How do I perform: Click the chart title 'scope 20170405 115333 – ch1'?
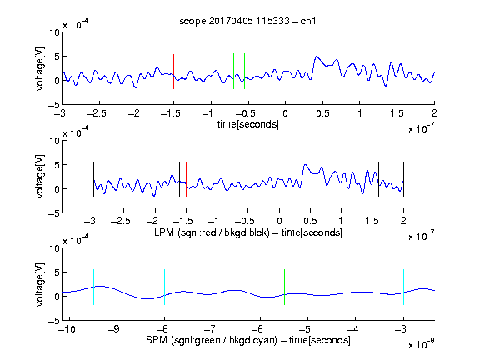click(x=247, y=21)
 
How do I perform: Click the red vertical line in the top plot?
click(x=173, y=72)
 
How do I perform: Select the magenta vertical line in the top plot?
click(x=397, y=72)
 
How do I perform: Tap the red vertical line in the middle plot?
click(x=186, y=179)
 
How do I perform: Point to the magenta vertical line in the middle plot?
click(x=372, y=179)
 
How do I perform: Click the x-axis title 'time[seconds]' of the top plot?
click(x=248, y=124)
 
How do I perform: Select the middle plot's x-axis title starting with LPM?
click(x=248, y=232)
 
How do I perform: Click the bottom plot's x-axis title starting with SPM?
click(x=248, y=340)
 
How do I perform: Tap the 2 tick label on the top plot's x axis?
click(x=434, y=113)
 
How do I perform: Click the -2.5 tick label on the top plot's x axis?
click(x=97, y=113)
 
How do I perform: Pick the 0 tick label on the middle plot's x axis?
click(x=279, y=221)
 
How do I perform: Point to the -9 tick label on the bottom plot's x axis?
click(x=114, y=329)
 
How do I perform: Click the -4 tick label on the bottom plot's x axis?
click(x=353, y=329)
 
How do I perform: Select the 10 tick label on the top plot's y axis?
click(x=55, y=32)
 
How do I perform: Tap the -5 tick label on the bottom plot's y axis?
click(x=54, y=321)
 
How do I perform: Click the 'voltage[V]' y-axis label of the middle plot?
click(x=40, y=177)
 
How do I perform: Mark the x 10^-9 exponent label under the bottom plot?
click(x=422, y=344)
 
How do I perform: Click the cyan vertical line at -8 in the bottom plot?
click(x=164, y=287)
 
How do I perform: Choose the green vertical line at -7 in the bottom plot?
click(x=212, y=287)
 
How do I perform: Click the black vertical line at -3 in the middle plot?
click(x=93, y=179)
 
